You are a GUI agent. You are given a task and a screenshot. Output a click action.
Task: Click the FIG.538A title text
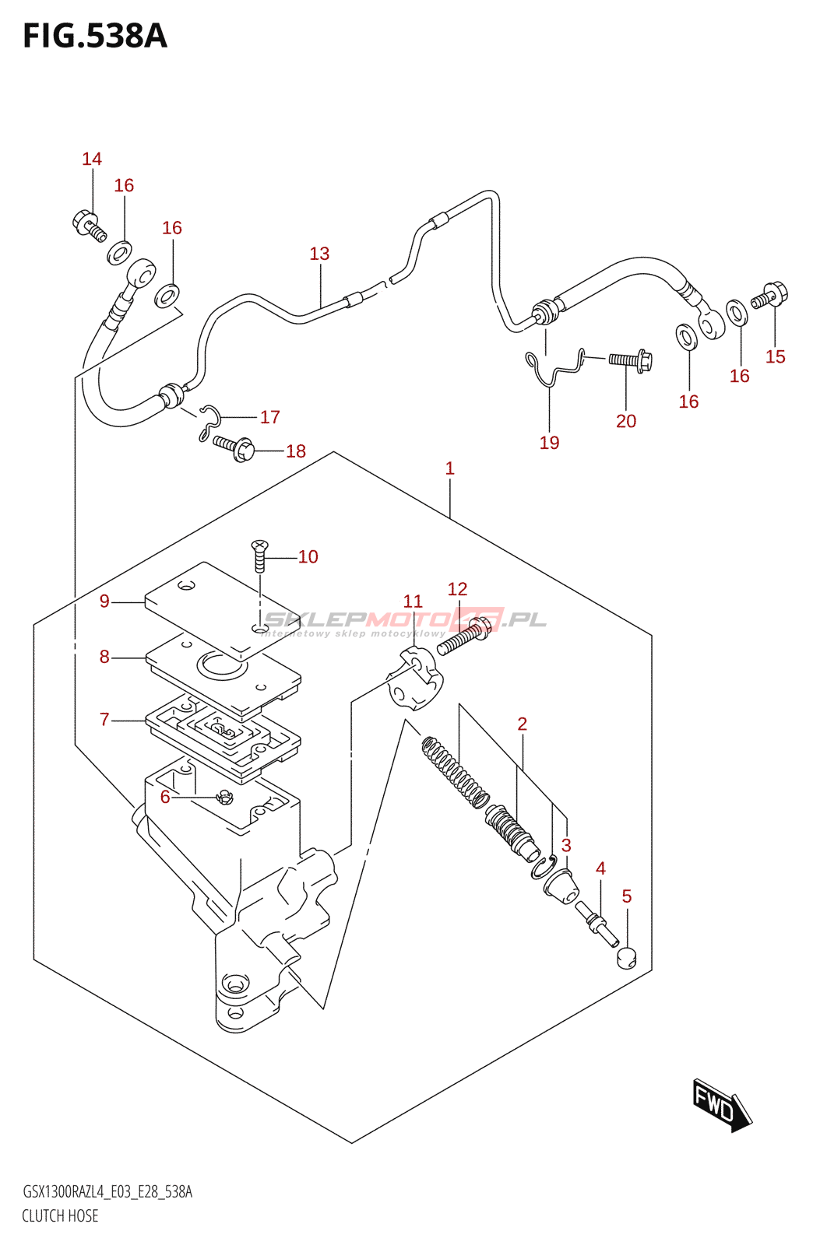[x=95, y=37]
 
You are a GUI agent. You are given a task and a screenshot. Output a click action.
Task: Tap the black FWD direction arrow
[x=721, y=1103]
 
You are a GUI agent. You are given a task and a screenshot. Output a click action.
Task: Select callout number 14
[x=92, y=160]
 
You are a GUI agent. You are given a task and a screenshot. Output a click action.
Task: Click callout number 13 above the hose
[x=319, y=254]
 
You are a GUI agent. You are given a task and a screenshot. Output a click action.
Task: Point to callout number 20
[x=626, y=422]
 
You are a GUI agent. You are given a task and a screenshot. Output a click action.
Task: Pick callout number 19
[x=549, y=443]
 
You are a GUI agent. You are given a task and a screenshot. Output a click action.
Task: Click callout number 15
[x=775, y=357]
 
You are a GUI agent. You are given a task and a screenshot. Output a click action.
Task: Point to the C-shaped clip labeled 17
[x=210, y=416]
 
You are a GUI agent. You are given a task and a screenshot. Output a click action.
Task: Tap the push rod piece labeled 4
[x=593, y=917]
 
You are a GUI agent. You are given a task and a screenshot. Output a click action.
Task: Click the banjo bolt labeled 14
[x=87, y=224]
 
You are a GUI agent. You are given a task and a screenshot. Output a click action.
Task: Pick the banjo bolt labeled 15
[x=770, y=296]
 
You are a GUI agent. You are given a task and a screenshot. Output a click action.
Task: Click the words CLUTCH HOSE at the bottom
[x=60, y=1215]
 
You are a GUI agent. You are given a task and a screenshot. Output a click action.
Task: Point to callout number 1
[x=449, y=468]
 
